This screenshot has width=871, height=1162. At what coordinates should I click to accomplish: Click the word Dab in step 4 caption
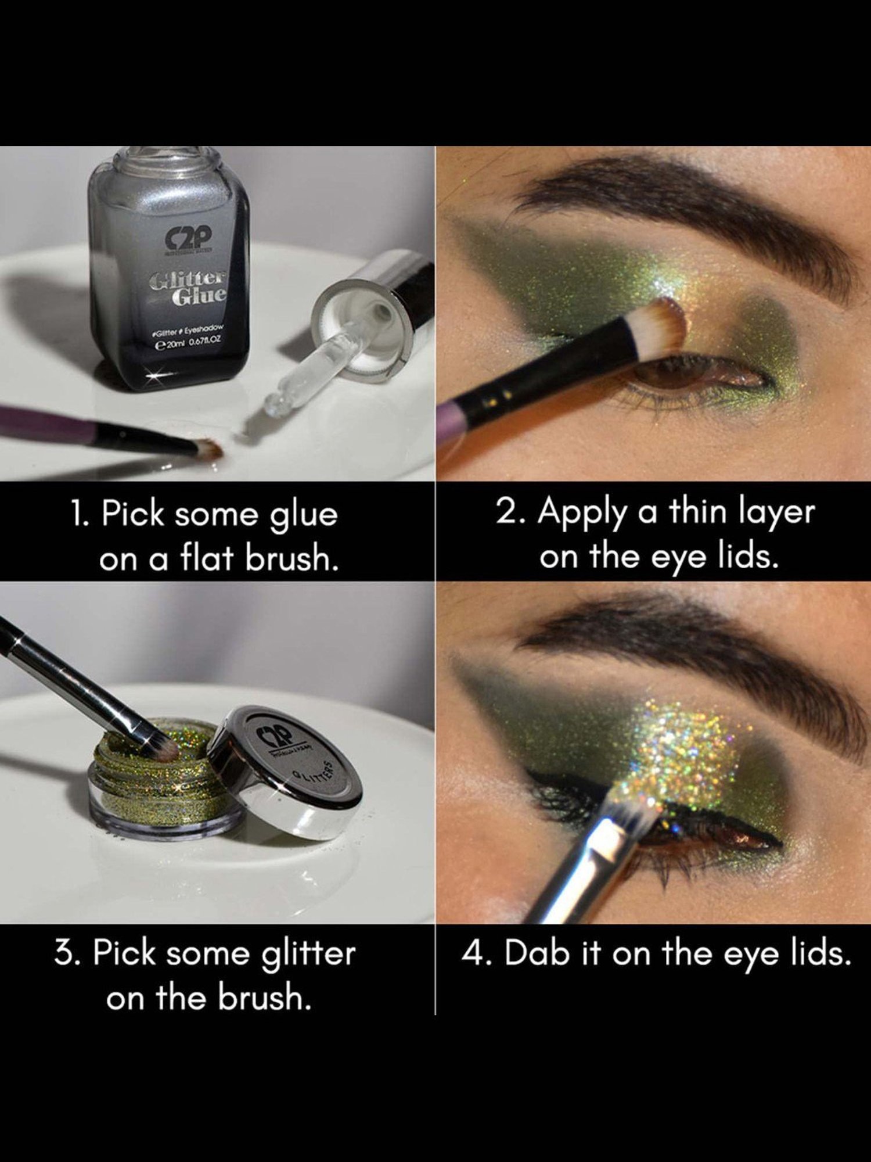pyautogui.click(x=537, y=953)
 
